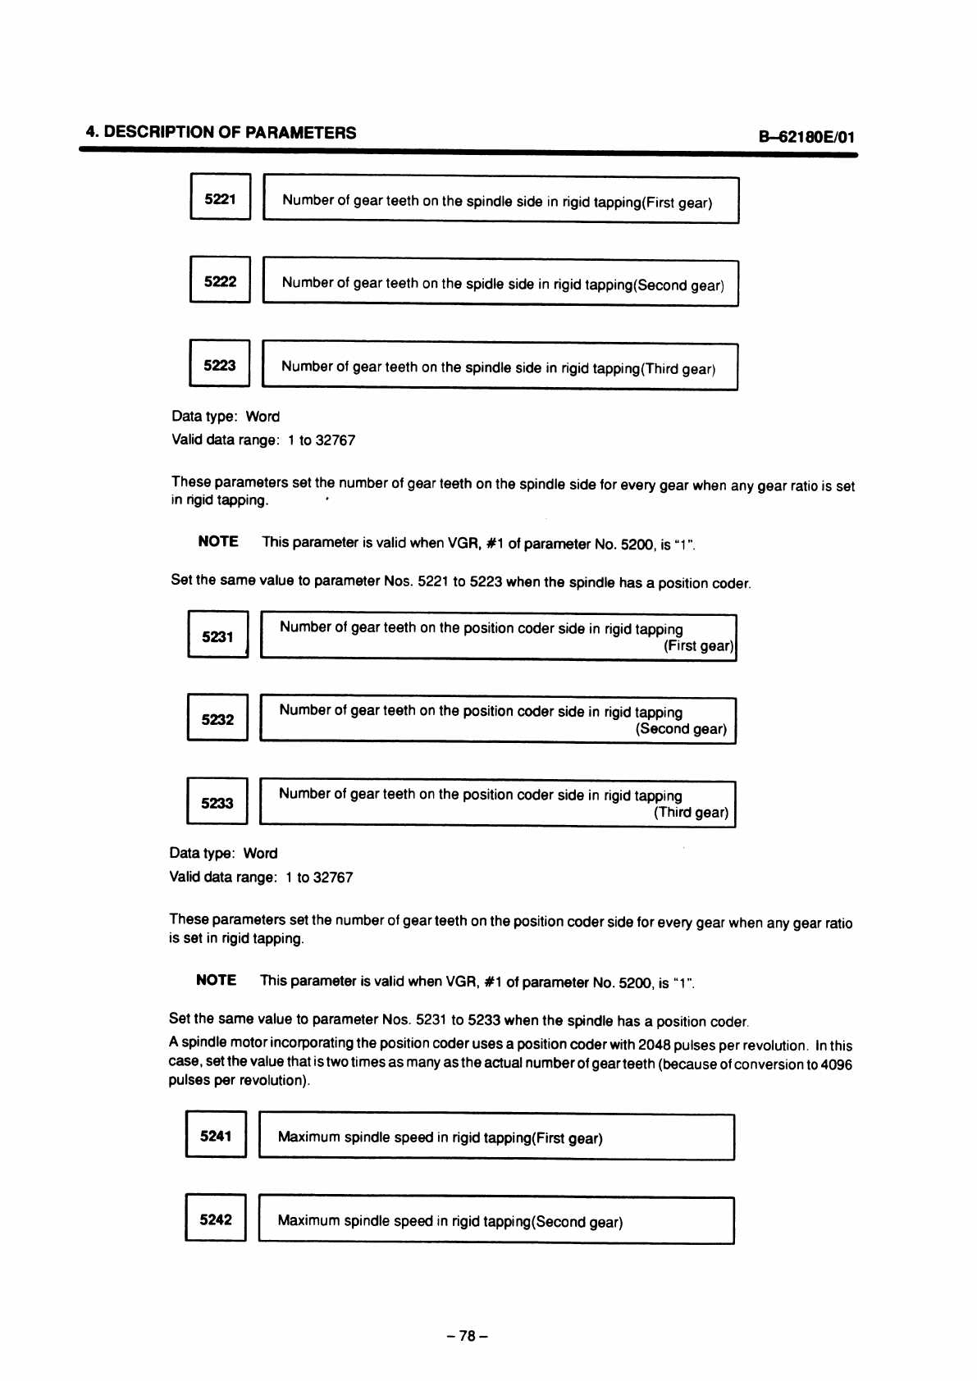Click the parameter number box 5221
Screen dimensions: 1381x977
(x=219, y=198)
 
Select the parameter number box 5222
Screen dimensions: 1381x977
(x=219, y=281)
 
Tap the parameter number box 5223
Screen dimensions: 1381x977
(x=219, y=365)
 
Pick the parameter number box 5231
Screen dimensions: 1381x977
(x=217, y=636)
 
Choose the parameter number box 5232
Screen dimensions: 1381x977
(x=217, y=719)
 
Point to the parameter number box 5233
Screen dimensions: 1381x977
(x=217, y=803)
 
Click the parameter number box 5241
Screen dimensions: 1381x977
(x=216, y=1136)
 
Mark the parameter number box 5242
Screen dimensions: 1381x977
(x=216, y=1219)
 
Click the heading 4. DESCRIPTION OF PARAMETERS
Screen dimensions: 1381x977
(x=221, y=133)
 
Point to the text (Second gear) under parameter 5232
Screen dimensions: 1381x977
(x=681, y=729)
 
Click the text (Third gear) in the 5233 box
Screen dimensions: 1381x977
(x=691, y=813)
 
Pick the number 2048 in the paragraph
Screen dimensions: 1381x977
(x=653, y=1046)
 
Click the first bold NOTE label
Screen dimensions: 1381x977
(x=218, y=541)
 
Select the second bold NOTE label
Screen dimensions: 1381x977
(x=217, y=980)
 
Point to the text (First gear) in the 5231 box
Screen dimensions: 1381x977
(x=697, y=646)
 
